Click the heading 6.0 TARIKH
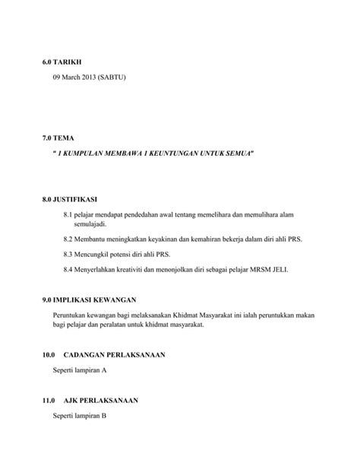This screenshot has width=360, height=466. point(62,61)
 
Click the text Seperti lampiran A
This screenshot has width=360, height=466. point(80,370)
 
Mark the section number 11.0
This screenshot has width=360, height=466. point(50,400)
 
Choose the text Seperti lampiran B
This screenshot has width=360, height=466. point(80,416)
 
